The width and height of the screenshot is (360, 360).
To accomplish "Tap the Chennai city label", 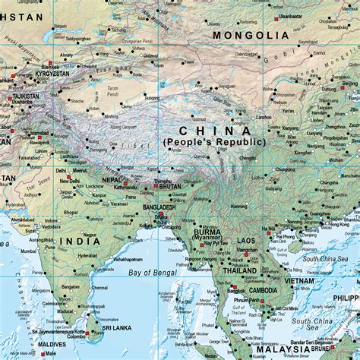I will click(99, 288).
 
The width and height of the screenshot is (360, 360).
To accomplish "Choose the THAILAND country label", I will click(239, 270).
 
